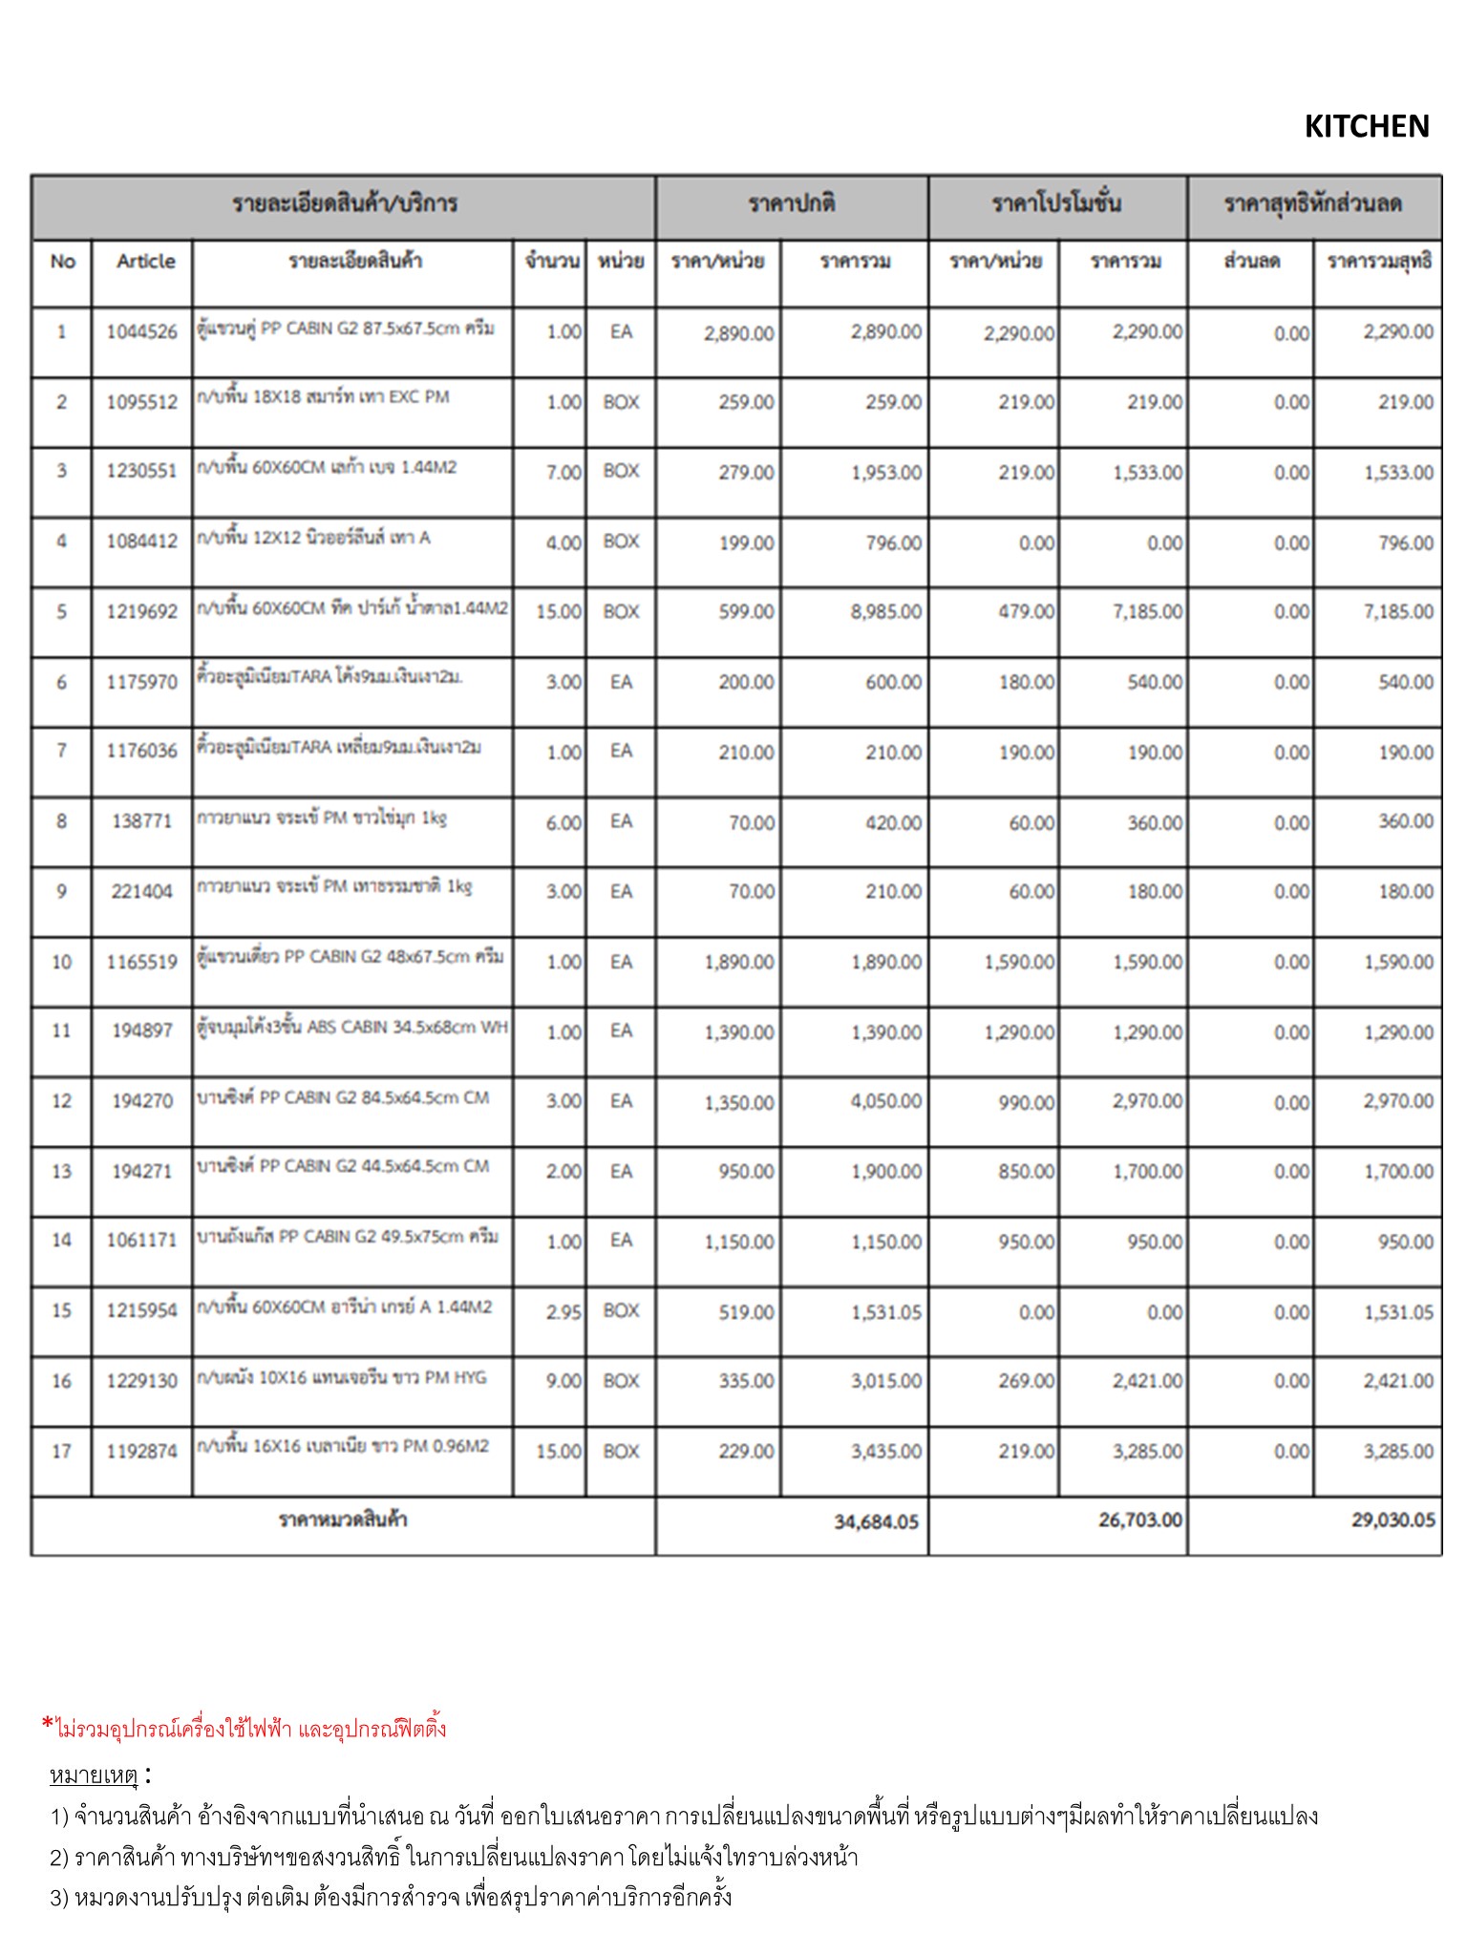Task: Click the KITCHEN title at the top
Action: pyautogui.click(x=1366, y=126)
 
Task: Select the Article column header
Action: pyautogui.click(x=145, y=261)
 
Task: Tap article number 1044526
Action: pyautogui.click(x=141, y=331)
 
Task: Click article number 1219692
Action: pyautogui.click(x=141, y=611)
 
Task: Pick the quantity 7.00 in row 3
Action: pyautogui.click(x=563, y=472)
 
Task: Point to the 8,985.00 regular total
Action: pyautogui.click(x=885, y=611)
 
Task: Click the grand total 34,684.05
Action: pyautogui.click(x=876, y=1521)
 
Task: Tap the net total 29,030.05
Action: pyautogui.click(x=1393, y=1520)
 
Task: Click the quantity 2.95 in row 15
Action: pyautogui.click(x=563, y=1312)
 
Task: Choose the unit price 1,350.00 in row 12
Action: pyautogui.click(x=738, y=1102)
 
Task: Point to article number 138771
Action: pyautogui.click(x=141, y=821)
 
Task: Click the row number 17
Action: pyautogui.click(x=61, y=1452)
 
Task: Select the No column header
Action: pyautogui.click(x=62, y=261)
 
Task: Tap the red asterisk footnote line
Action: pyautogui.click(x=244, y=1728)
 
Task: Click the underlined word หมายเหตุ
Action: pyautogui.click(x=94, y=1775)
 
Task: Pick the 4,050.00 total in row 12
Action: pyautogui.click(x=885, y=1101)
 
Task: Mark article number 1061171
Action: pyautogui.click(x=141, y=1241)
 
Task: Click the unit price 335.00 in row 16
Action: pyautogui.click(x=746, y=1381)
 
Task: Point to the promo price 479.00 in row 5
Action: pyautogui.click(x=1026, y=611)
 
